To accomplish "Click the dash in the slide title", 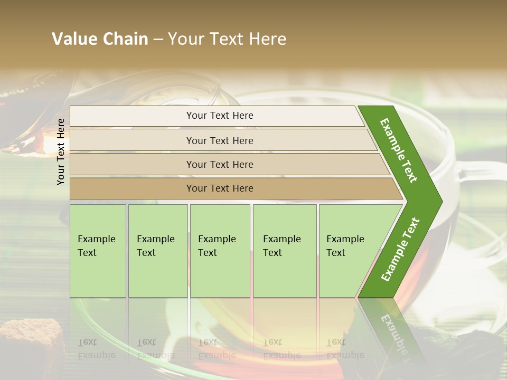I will click(x=158, y=40).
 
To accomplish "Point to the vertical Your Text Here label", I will click(x=61, y=151).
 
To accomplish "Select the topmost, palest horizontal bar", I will click(x=217, y=116).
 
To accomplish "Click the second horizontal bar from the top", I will click(x=222, y=140).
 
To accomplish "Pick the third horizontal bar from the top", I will click(x=227, y=164).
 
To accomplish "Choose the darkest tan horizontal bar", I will click(x=232, y=188).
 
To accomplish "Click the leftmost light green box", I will click(x=98, y=251).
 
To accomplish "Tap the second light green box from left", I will click(x=158, y=251).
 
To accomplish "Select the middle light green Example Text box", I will click(x=220, y=251).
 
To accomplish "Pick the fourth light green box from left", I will click(x=285, y=251).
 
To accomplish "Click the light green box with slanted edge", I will click(x=349, y=251).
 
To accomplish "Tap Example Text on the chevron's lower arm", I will click(x=400, y=249).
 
